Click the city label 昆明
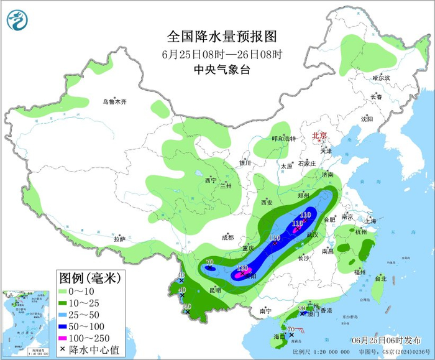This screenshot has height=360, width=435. [x=215, y=290]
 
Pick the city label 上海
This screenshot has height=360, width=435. [x=371, y=220]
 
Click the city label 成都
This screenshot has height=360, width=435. [x=227, y=237]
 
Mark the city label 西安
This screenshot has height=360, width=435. [x=267, y=203]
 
